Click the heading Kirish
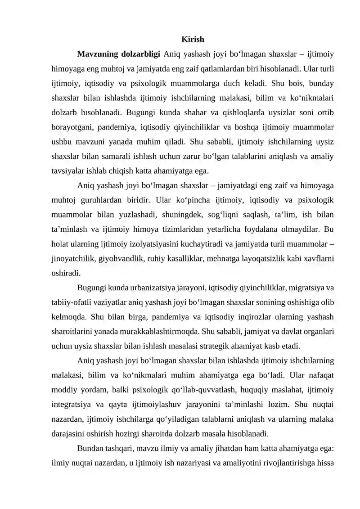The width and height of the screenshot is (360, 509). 192,40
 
